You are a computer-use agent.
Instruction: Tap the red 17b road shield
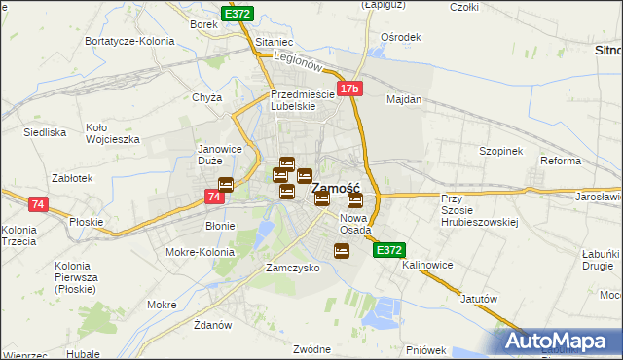coord(349,90)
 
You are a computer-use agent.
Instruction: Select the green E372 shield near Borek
coord(237,14)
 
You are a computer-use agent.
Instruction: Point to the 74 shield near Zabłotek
coord(37,204)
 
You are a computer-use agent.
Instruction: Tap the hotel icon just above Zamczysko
coord(342,251)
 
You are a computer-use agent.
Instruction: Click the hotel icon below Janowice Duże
coord(226,184)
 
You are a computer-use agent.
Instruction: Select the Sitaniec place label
coord(274,44)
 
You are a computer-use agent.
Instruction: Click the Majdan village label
coord(404,99)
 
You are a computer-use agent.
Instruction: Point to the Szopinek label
coord(501,152)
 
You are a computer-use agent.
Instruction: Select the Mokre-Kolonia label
coord(201,252)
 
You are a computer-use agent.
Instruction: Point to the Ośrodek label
coord(401,37)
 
